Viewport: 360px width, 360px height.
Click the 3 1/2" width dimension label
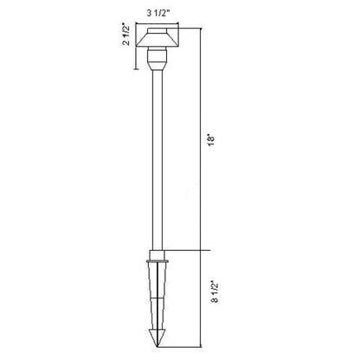[x=157, y=14]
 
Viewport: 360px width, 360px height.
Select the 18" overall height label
[x=212, y=139]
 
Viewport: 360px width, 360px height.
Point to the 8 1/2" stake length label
[x=215, y=292]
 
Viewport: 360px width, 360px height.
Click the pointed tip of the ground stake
[x=157, y=346]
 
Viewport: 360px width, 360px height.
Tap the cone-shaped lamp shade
[x=157, y=40]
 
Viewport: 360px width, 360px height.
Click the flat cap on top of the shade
[x=157, y=31]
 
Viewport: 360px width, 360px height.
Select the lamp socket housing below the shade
[x=157, y=55]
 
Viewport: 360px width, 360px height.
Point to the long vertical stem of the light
[x=157, y=159]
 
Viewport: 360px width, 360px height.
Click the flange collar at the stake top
[x=157, y=261]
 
